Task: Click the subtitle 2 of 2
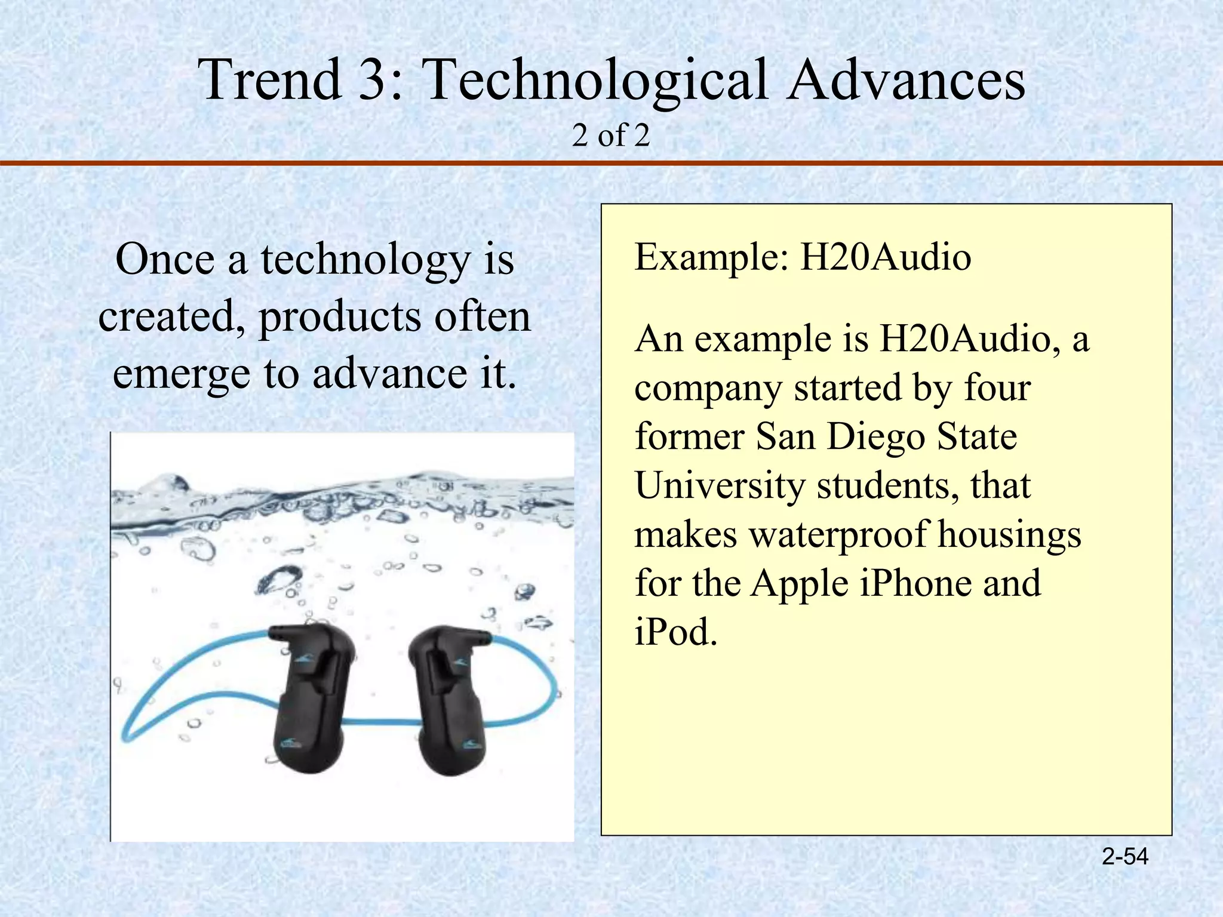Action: coord(610,136)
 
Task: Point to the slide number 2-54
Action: coord(1125,857)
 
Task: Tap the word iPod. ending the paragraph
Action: coord(675,631)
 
